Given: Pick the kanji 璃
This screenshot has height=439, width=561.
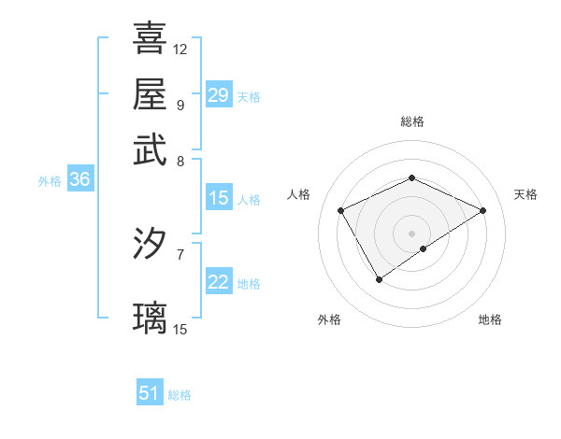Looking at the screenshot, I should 150,318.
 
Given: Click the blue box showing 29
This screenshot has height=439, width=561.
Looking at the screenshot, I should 218,95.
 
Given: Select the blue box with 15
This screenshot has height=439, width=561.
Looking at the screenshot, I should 218,198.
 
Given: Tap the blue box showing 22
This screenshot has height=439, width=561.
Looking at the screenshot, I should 218,283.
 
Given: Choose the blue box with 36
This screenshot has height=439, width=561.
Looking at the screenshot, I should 79,180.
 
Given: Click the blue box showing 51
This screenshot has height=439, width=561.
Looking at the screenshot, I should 150,393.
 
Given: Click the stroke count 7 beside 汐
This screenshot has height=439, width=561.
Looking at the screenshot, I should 180,253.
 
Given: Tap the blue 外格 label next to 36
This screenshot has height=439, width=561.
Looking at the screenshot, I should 50,181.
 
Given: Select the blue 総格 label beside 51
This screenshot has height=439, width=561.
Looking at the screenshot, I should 180,395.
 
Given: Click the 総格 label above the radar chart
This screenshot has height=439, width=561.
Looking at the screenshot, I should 412,121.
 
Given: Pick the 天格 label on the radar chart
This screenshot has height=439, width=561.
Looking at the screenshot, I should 525,194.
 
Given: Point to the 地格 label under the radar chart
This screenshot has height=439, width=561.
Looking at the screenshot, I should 490,319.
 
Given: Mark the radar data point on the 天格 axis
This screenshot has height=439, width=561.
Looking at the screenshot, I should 482,211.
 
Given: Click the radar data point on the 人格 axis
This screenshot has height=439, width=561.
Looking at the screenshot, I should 341,211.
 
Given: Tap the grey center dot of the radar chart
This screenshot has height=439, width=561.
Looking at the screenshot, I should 412,234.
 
